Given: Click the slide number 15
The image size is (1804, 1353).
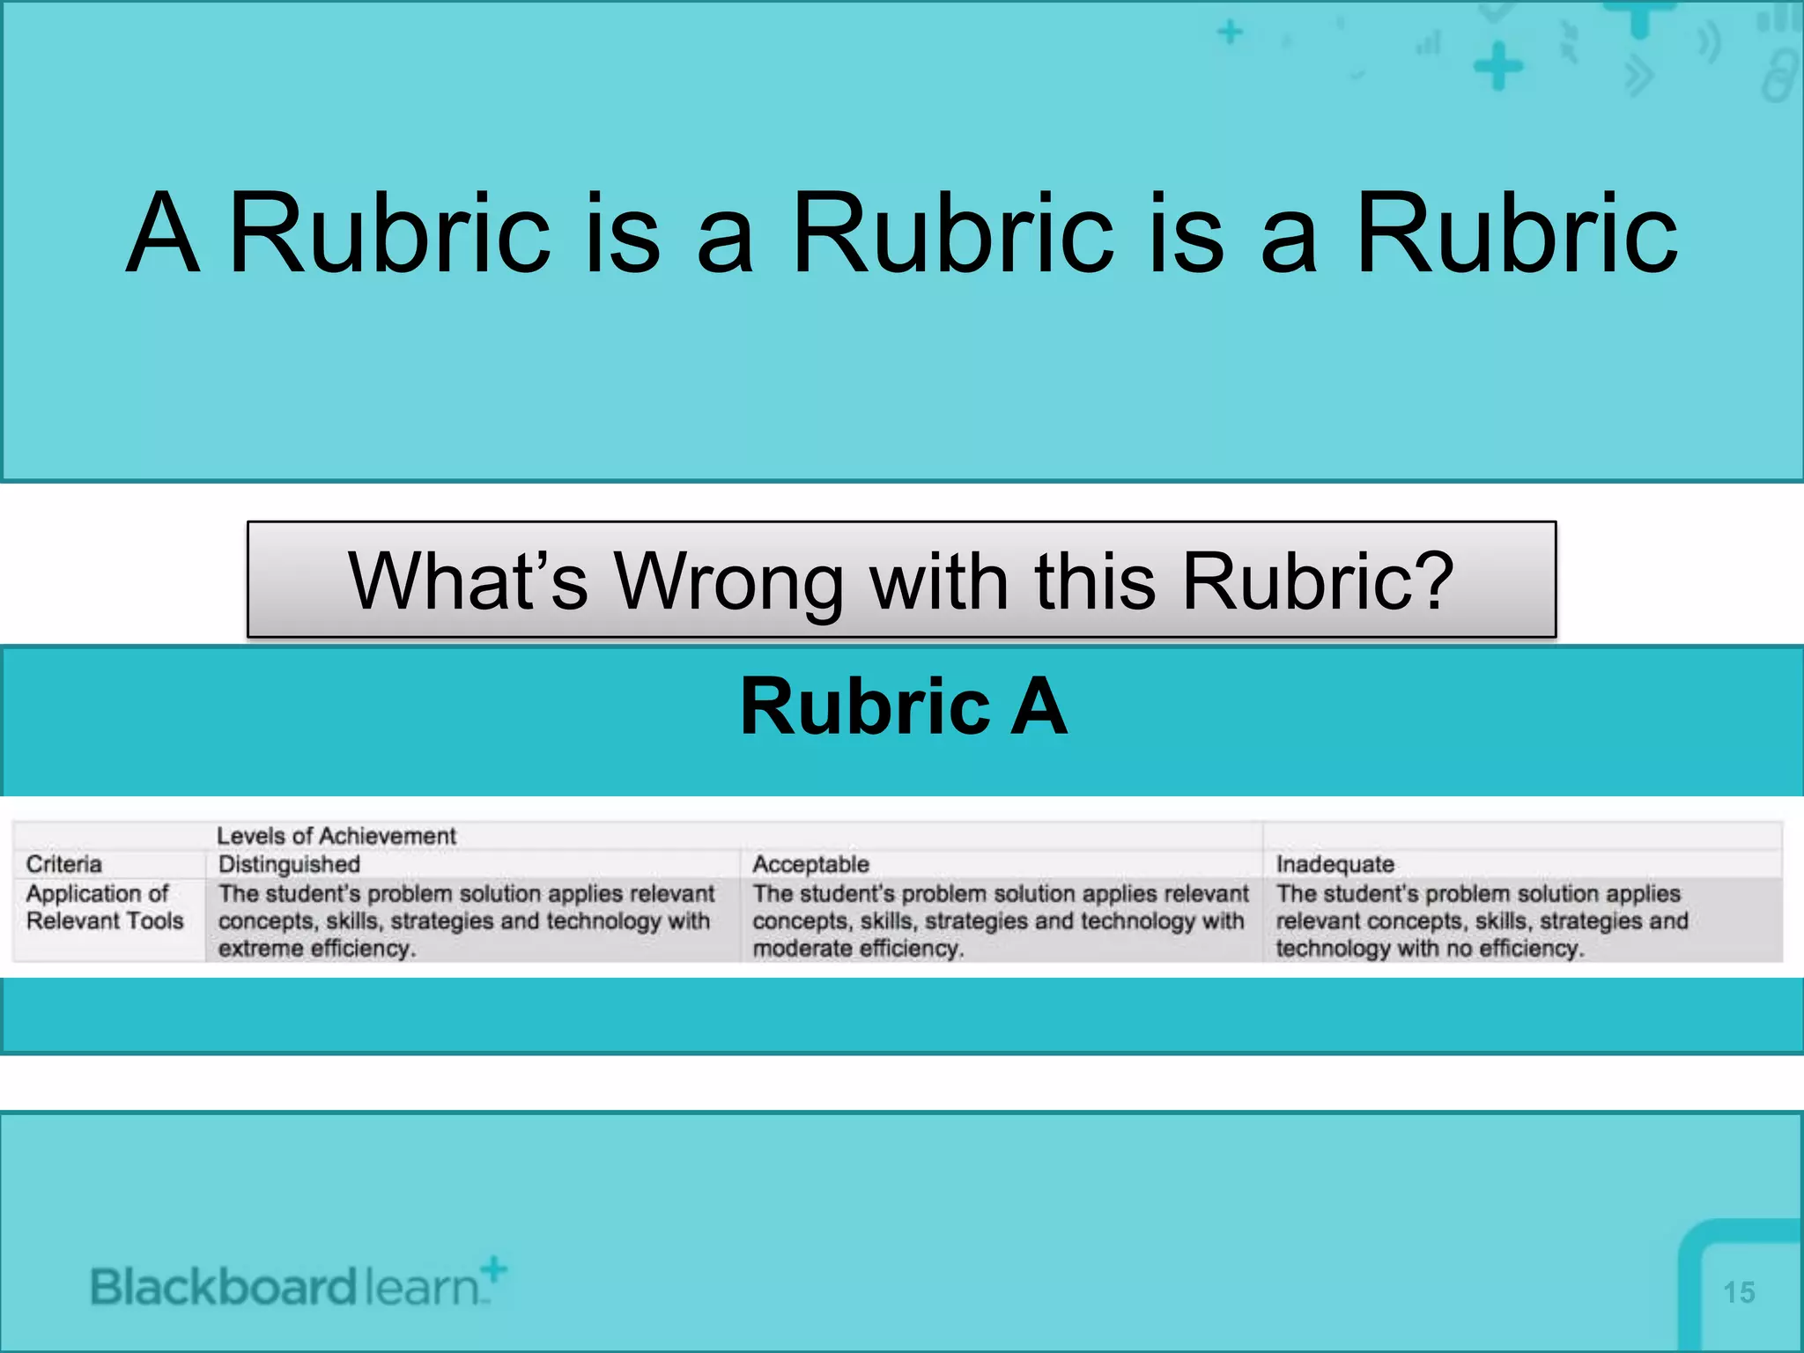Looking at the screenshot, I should pyautogui.click(x=1739, y=1292).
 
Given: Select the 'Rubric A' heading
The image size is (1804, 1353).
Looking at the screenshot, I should pyautogui.click(x=904, y=706).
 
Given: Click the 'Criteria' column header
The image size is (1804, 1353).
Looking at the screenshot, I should pyautogui.click(x=63, y=864).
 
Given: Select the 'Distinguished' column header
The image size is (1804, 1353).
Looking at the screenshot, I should pyautogui.click(x=289, y=864).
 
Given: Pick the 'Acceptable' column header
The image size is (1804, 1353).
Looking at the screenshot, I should pyautogui.click(x=810, y=864).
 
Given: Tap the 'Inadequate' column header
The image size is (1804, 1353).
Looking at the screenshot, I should pyautogui.click(x=1335, y=864).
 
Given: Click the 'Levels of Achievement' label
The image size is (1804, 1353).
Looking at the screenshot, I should pyautogui.click(x=336, y=836).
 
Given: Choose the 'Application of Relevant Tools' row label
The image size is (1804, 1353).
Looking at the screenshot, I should pyautogui.click(x=104, y=907).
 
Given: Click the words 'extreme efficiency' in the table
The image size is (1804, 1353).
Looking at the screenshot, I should pyautogui.click(x=315, y=949).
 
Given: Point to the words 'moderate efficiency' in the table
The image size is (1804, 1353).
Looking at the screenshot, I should pyautogui.click(x=857, y=949).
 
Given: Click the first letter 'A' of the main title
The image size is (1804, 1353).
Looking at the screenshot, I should pyautogui.click(x=162, y=233).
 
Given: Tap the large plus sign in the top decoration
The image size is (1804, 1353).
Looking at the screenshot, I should pyautogui.click(x=1497, y=66).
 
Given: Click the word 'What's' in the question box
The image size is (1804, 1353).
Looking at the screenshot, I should pyautogui.click(x=467, y=581).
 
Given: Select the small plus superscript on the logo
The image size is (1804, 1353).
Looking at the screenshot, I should pyautogui.click(x=495, y=1269).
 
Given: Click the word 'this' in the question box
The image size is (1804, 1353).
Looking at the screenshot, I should pyautogui.click(x=1095, y=581).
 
